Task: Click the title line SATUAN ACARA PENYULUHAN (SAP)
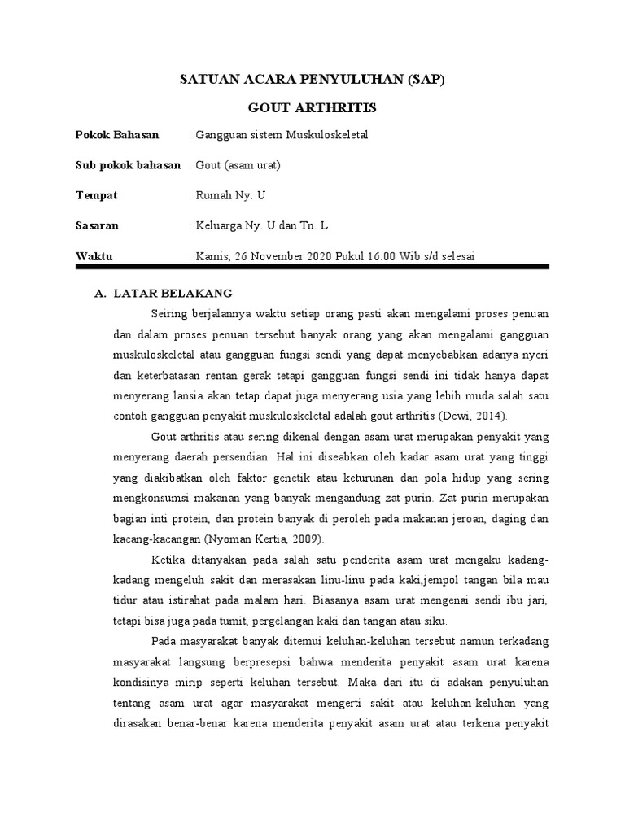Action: point(312,81)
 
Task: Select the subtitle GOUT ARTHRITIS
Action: point(312,107)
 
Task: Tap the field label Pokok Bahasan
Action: point(117,134)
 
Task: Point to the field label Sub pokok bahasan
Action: point(128,165)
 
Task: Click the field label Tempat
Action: point(97,195)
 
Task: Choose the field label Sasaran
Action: point(99,225)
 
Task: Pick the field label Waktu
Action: point(94,255)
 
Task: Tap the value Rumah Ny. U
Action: point(226,195)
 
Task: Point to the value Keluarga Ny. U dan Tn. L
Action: point(260,225)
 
